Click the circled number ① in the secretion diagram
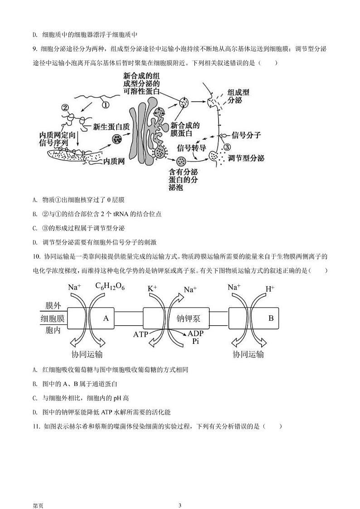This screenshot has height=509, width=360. pyautogui.click(x=105, y=104)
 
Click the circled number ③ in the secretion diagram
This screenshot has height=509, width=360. pyautogui.click(x=227, y=147)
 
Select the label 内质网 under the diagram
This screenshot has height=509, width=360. pyautogui.click(x=114, y=161)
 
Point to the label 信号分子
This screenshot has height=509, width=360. pyautogui.click(x=246, y=135)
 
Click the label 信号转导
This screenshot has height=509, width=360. pyautogui.click(x=192, y=148)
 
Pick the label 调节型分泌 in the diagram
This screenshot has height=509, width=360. pyautogui.click(x=246, y=158)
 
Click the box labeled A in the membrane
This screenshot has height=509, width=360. pyautogui.click(x=106, y=318)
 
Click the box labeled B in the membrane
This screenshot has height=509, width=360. pyautogui.click(x=271, y=318)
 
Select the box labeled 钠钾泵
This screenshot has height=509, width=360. pyautogui.click(x=188, y=318)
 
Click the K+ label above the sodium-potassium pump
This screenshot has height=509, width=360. pyautogui.click(x=152, y=288)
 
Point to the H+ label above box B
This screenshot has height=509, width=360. pyautogui.click(x=270, y=288)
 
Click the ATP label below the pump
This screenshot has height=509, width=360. pyautogui.click(x=141, y=334)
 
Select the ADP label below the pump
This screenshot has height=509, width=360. pyautogui.click(x=195, y=333)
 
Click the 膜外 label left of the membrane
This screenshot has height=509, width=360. pyautogui.click(x=53, y=306)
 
